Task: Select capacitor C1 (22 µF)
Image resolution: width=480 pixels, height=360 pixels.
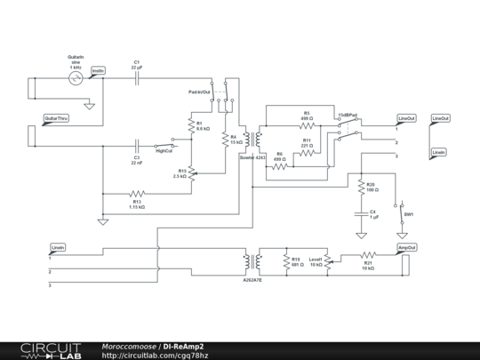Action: [x=137, y=78]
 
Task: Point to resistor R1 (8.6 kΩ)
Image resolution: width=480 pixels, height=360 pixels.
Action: [x=191, y=127]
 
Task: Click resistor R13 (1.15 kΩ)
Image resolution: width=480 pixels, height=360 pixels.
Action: [x=136, y=193]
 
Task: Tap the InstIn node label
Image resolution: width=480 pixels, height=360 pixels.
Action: [x=98, y=70]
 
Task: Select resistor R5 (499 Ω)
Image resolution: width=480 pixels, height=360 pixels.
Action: [x=306, y=126]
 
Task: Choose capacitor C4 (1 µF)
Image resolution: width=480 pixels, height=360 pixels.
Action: [x=360, y=214]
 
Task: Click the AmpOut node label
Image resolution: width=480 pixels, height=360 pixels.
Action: [x=406, y=247]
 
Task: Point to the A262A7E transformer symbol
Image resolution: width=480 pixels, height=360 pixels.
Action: [x=252, y=261]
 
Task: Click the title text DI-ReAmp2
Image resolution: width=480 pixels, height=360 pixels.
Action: [x=182, y=346]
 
